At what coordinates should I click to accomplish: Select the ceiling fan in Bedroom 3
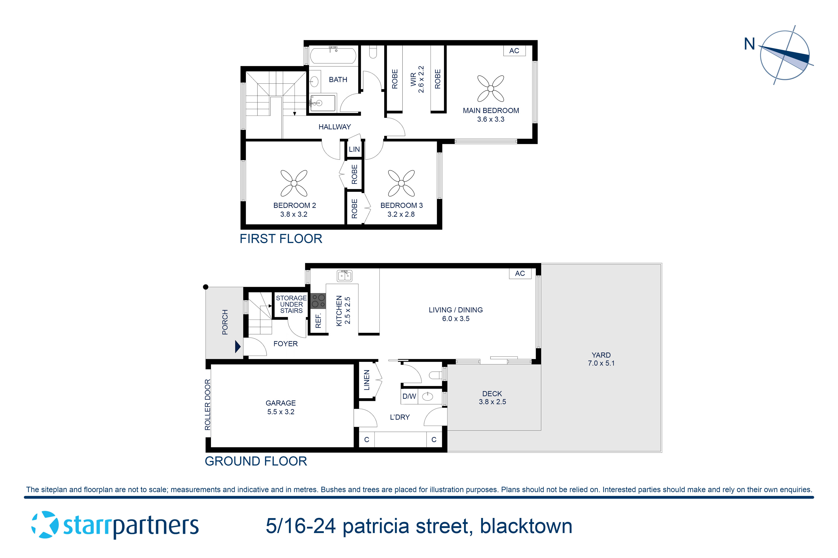click(401, 183)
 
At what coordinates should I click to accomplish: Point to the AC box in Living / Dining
click(520, 273)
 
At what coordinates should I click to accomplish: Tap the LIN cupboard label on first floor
click(354, 149)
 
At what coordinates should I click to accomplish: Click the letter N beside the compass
click(749, 44)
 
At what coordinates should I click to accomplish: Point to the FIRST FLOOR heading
click(281, 239)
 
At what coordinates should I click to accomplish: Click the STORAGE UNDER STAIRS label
click(291, 304)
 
